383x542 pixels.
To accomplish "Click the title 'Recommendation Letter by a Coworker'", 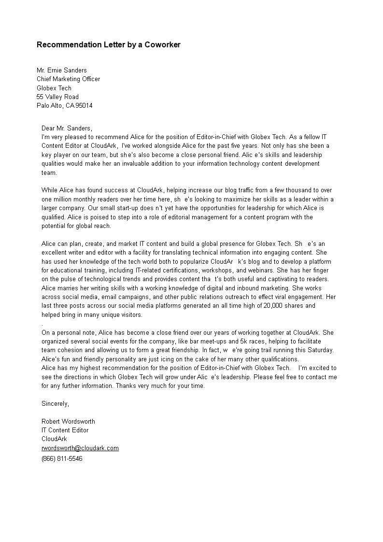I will click(x=108, y=45).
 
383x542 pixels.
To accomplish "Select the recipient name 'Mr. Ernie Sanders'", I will click(x=62, y=71).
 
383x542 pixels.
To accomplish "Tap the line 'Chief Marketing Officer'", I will click(x=69, y=79).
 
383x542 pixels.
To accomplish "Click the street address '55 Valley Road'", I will click(x=57, y=97).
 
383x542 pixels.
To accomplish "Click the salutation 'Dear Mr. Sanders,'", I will click(x=67, y=128).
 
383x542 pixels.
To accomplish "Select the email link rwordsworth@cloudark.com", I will click(x=80, y=448).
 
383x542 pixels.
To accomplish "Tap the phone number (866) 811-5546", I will click(x=62, y=458).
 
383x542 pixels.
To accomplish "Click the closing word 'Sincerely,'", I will click(x=56, y=404).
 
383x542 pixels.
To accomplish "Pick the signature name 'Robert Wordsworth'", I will click(x=68, y=422).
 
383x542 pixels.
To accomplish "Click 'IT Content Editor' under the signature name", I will click(x=65, y=430).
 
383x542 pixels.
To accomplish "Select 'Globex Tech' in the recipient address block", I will click(x=54, y=88).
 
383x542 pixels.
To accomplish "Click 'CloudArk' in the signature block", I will click(x=54, y=439).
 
